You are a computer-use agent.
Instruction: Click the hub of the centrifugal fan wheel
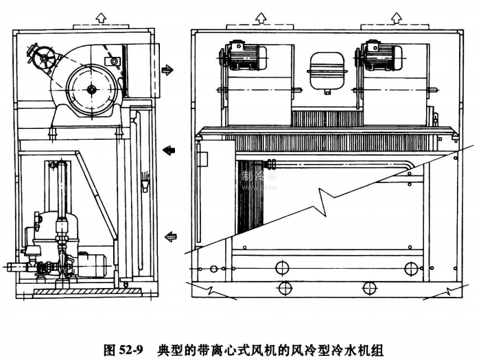[x=93, y=88]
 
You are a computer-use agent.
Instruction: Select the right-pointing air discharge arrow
[x=167, y=69]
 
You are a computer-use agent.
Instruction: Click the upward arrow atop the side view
[x=102, y=16]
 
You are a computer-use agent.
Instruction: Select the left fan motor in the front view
[x=239, y=56]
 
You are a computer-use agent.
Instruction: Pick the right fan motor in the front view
[x=377, y=56]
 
